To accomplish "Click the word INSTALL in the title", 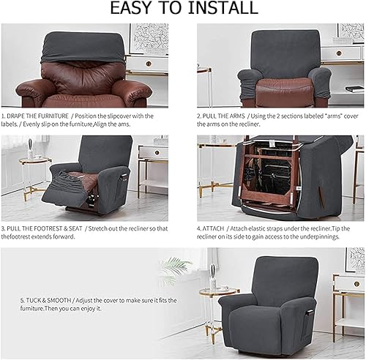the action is pyautogui.click(x=223, y=7).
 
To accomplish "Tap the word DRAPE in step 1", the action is pyautogui.click(x=15, y=116).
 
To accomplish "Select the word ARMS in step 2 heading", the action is pyautogui.click(x=238, y=116).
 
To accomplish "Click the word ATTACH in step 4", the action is pyautogui.click(x=213, y=228).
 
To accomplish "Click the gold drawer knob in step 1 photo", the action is pyautogui.click(x=149, y=64).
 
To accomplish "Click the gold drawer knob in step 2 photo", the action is pyautogui.click(x=338, y=53).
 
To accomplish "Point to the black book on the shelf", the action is pyautogui.click(x=354, y=89).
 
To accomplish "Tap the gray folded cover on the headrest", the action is pyautogui.click(x=83, y=48).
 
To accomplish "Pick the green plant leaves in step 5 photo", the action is pyautogui.click(x=174, y=267).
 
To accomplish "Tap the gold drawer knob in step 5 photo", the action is pyautogui.click(x=356, y=284).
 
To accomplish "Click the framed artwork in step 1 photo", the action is pyautogui.click(x=149, y=39).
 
